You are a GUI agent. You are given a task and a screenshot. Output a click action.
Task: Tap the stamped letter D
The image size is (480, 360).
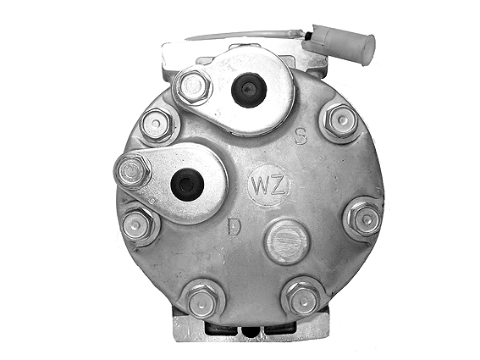234,226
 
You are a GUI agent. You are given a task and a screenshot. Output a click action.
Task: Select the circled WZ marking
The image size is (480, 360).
268,184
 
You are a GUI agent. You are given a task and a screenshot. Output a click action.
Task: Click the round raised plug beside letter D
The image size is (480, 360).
287,241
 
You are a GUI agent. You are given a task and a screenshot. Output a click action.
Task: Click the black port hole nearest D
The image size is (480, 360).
186,183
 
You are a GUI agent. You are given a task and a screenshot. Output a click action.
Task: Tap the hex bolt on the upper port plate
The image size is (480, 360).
193,86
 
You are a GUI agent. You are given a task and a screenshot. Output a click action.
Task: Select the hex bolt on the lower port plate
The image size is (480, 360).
133,172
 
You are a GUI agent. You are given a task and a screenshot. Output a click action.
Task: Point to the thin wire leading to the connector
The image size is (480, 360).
246,36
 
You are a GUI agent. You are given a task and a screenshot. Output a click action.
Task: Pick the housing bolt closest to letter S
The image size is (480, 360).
340,122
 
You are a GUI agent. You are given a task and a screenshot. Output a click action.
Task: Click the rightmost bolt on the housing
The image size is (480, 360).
366,219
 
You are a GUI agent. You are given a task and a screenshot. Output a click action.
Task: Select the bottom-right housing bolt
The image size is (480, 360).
303,297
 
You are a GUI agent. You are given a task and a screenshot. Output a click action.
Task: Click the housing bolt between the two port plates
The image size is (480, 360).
157,125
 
